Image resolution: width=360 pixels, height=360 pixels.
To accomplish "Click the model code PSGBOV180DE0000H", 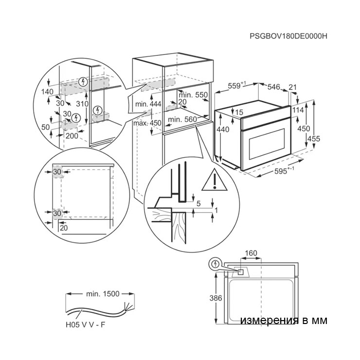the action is coord(288,36).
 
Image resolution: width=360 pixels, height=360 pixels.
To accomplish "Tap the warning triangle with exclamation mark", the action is coord(214,180).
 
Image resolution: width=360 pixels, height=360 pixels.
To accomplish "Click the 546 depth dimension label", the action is coord(274,87).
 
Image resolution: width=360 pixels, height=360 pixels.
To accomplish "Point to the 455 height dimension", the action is coord(314,139).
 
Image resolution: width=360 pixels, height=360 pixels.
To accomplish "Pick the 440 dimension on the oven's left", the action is coord(223,129).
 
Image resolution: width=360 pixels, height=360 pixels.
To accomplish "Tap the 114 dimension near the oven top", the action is coord(298,110).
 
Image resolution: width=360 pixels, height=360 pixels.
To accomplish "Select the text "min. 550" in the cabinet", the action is coord(193,95).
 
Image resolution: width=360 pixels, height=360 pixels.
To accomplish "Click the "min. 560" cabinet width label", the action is coord(182,119).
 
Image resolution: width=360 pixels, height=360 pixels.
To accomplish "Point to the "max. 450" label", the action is coord(147,123).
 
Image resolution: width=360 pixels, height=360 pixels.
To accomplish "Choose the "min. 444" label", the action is coord(148,104).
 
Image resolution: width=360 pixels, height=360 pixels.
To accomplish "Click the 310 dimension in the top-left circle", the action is coord(82,104).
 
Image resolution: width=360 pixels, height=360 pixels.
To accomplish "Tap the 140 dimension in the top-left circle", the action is coord(47,91).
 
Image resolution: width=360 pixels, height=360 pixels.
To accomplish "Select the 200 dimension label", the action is coord(72,136).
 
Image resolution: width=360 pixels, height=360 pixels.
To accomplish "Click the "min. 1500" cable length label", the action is coord(103,294).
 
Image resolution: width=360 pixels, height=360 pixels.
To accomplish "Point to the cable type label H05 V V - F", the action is coord(85,324).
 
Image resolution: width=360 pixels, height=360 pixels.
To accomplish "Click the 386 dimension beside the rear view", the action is coord(216,298).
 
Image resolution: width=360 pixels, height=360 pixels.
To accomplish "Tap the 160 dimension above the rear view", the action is coord(251,253).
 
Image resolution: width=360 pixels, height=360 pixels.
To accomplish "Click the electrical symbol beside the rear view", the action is coord(215,264).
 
